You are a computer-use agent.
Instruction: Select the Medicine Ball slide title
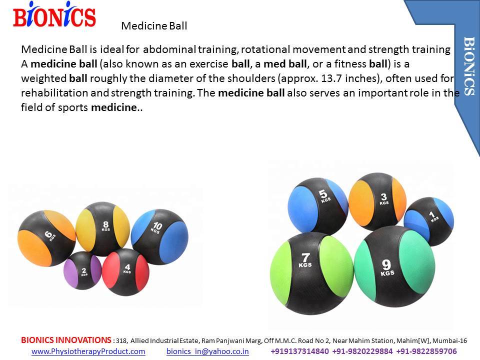pyautogui.click(x=154, y=25)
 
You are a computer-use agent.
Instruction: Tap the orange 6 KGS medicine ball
pyautogui.click(x=46, y=238)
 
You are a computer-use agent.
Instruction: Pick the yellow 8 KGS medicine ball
pyautogui.click(x=103, y=228)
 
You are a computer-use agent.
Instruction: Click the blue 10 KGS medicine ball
pyautogui.click(x=159, y=237)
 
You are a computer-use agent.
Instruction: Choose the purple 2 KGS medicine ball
pyautogui.click(x=82, y=270)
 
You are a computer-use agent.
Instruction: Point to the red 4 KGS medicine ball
pyautogui.click(x=125, y=272)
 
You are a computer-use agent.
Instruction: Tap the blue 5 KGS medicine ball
pyautogui.click(x=318, y=206)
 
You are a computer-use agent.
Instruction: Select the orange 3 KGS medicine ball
pyautogui.click(x=377, y=201)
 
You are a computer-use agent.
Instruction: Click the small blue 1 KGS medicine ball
pyautogui.click(x=429, y=221)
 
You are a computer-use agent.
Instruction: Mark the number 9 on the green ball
pyautogui.click(x=386, y=264)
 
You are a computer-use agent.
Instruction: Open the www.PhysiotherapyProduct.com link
pyautogui.click(x=88, y=351)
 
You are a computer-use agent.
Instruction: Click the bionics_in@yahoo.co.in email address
pyautogui.click(x=207, y=351)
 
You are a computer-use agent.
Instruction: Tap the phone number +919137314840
pyautogui.click(x=299, y=351)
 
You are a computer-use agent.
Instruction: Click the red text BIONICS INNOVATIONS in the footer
pyautogui.click(x=66, y=340)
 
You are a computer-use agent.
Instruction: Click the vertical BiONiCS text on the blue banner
pyautogui.click(x=469, y=66)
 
